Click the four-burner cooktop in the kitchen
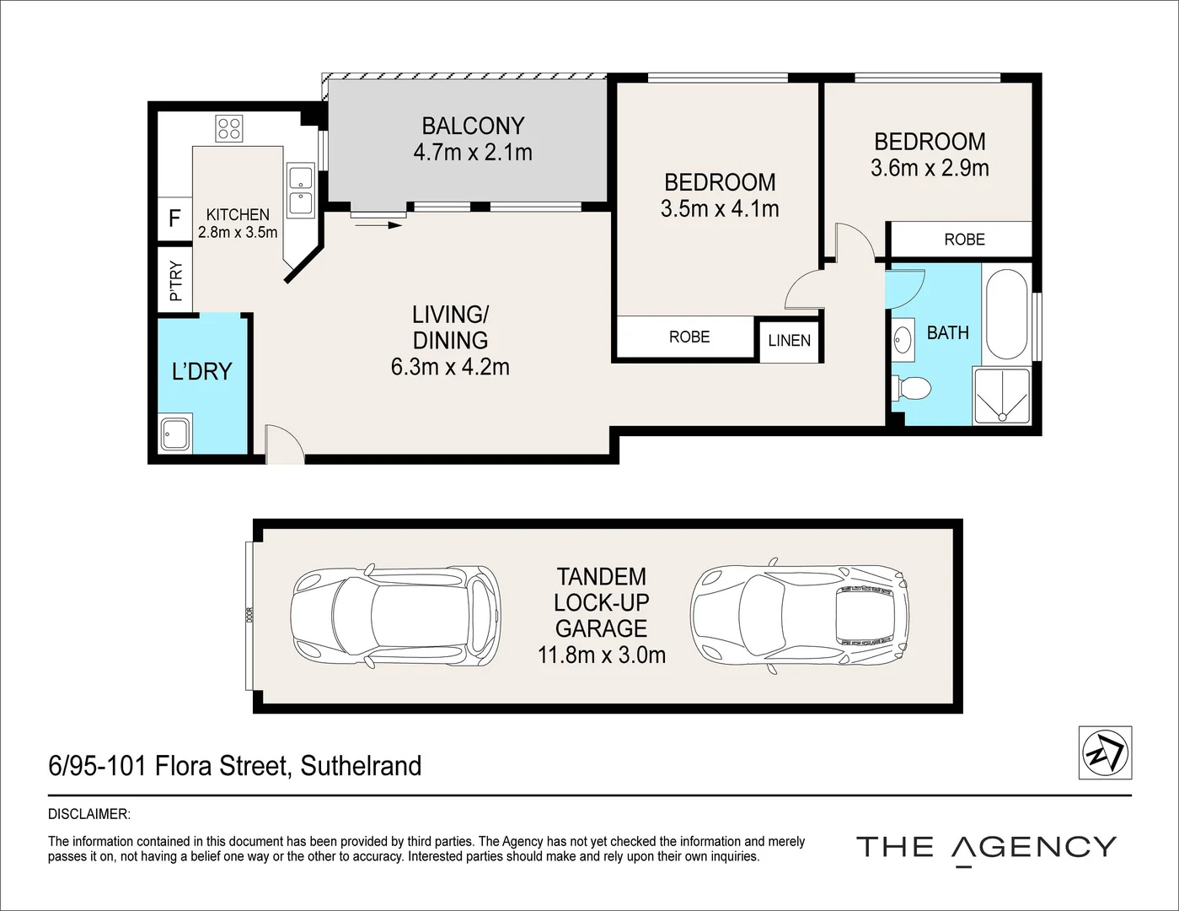pyautogui.click(x=228, y=129)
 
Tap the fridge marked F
pyautogui.click(x=174, y=218)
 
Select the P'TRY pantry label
pyautogui.click(x=176, y=281)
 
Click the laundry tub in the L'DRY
pyautogui.click(x=175, y=434)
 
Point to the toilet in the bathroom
pyautogui.click(x=912, y=388)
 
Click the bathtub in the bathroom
pyautogui.click(x=1006, y=314)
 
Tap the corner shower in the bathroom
pyautogui.click(x=1002, y=396)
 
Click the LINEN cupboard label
pyautogui.click(x=789, y=341)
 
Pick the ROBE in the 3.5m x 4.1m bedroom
pyautogui.click(x=689, y=337)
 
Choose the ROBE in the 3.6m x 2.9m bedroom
pyautogui.click(x=964, y=240)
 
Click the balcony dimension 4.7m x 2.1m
pyautogui.click(x=473, y=153)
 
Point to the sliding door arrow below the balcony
pyautogui.click(x=378, y=224)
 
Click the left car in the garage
pyautogui.click(x=395, y=616)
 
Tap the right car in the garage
pyautogui.click(x=800, y=616)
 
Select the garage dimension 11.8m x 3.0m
pyautogui.click(x=601, y=655)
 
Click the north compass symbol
pyautogui.click(x=1105, y=752)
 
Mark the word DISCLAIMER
pyautogui.click(x=89, y=814)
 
